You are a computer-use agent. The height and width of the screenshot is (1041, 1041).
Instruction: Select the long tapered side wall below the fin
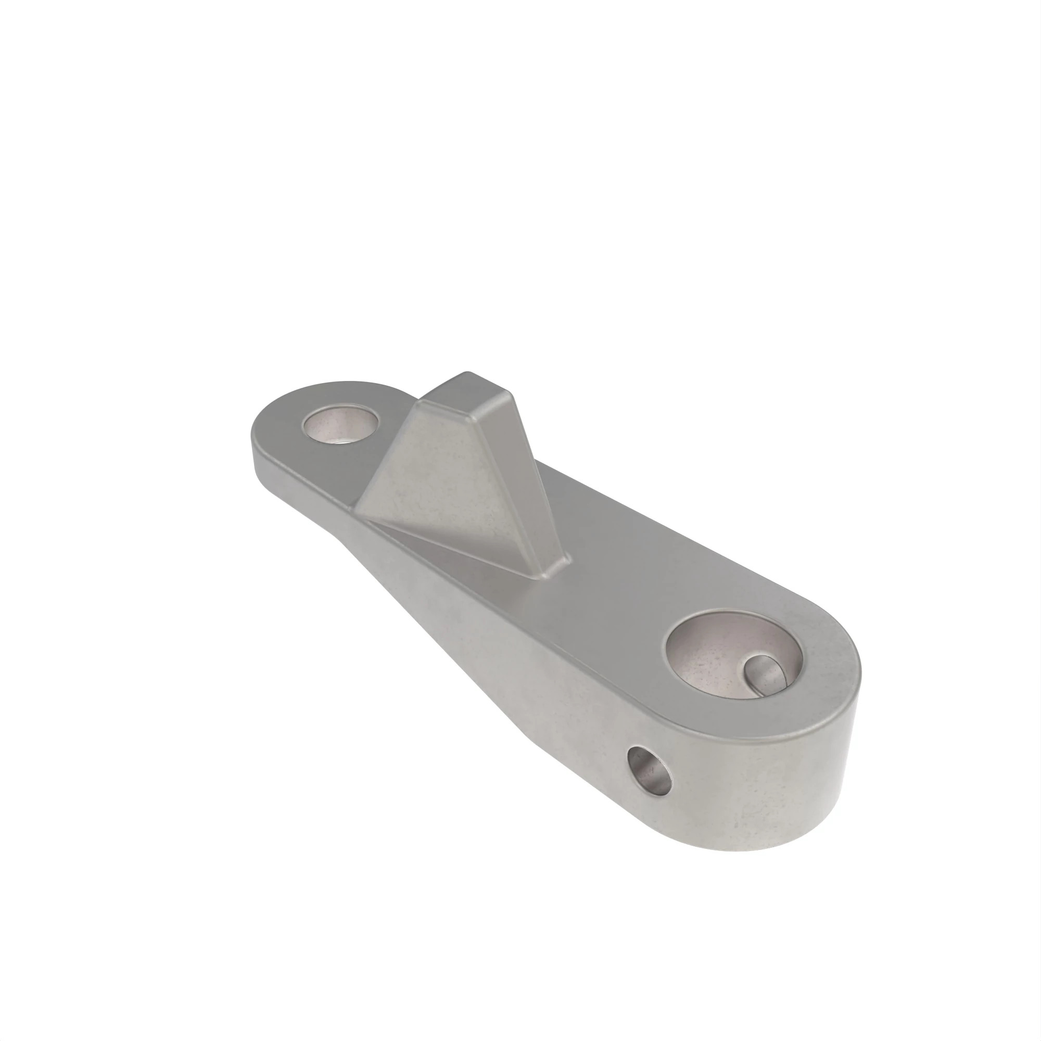[x=458, y=619]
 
